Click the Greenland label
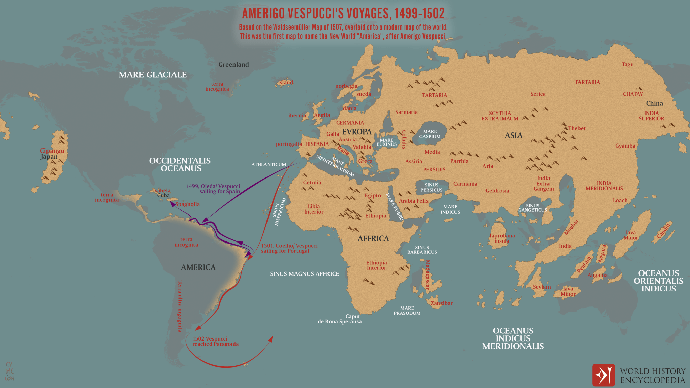[x=233, y=65]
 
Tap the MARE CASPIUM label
[x=430, y=134]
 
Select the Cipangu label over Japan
[x=52, y=151]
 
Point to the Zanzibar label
[x=441, y=303]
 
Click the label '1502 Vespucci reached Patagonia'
[x=215, y=341]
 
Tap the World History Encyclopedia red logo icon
[x=603, y=375]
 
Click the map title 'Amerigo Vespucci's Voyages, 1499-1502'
[x=343, y=13]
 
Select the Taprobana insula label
[x=502, y=238]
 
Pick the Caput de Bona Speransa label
[x=340, y=319]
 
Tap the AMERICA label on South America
[x=198, y=267]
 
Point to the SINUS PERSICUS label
[x=431, y=188]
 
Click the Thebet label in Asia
[x=577, y=128]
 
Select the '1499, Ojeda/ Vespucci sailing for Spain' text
[x=213, y=189]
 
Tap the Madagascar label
[x=427, y=274]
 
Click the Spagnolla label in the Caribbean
[x=187, y=204]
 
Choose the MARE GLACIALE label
[x=153, y=75]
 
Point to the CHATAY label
[x=633, y=94]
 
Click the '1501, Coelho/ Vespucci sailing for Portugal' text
[x=289, y=248]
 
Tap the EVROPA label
[x=357, y=132]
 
